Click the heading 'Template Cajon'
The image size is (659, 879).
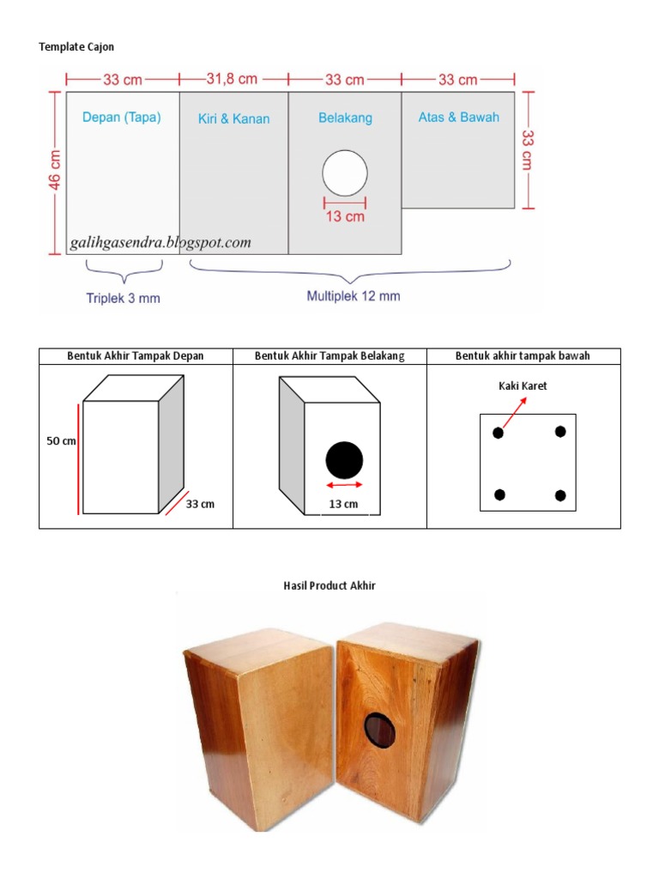[x=76, y=46]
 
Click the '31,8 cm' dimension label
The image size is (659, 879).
[x=232, y=79]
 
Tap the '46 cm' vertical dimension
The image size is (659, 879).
[x=54, y=170]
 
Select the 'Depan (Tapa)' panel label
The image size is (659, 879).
[x=122, y=118]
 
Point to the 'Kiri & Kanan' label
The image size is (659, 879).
[x=233, y=118]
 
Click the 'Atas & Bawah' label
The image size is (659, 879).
[x=458, y=117]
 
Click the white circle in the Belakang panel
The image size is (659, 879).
[x=345, y=174]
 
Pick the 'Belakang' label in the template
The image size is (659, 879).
[x=345, y=118]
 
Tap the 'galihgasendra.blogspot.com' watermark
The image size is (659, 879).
[x=160, y=243]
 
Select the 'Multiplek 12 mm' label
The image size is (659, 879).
[x=353, y=296]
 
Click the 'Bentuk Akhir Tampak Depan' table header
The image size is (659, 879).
[x=136, y=355]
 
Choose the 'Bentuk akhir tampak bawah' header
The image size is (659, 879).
[x=523, y=355]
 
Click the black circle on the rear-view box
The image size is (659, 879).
[x=344, y=460]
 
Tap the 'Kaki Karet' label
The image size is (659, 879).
[x=523, y=386]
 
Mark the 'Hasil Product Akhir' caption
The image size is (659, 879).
[x=329, y=585]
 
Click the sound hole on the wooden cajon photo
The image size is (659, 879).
[x=381, y=730]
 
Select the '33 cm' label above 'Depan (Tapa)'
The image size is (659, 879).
[x=123, y=79]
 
